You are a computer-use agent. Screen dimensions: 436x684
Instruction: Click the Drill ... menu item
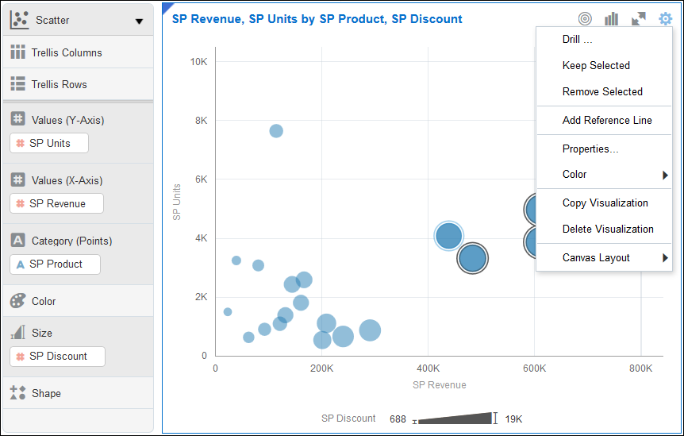578,40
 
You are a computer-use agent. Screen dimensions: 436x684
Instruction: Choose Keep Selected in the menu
596,66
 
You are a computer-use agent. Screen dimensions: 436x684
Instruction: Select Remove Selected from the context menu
602,92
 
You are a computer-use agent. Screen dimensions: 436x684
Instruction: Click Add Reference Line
607,121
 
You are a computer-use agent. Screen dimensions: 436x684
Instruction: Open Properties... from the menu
590,149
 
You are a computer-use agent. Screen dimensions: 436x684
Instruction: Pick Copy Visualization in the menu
605,203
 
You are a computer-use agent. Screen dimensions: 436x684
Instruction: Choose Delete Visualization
608,230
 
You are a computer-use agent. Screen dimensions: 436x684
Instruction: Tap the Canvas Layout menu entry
596,258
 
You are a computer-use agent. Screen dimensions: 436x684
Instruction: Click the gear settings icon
665,18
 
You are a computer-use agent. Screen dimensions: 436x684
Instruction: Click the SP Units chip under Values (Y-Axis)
49,144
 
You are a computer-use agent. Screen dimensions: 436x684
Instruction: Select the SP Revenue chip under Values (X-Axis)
56,204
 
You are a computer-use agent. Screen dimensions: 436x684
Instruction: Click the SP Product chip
55,264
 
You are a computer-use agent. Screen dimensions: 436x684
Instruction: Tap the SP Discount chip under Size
57,357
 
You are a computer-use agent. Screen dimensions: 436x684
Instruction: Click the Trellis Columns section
67,53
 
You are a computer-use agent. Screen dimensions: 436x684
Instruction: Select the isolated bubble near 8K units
275,131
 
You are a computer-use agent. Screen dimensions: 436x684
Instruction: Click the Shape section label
46,394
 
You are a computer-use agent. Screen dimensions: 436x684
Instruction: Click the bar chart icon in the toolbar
611,18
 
